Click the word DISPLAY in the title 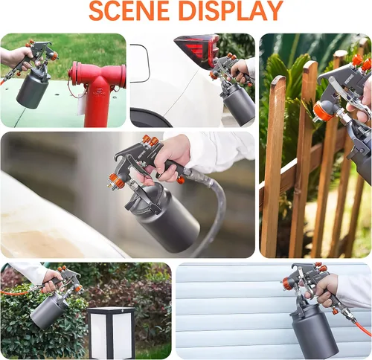point(231,11)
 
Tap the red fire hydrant point(98,93)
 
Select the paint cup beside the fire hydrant point(32,89)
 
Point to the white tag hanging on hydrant point(81,106)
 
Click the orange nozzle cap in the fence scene point(323,112)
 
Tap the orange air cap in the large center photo point(116,181)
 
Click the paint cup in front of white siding point(314,330)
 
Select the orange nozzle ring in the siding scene point(289,282)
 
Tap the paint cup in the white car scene point(239,104)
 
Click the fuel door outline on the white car point(141,63)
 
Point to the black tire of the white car point(149,118)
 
